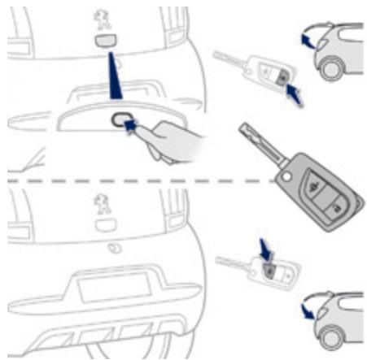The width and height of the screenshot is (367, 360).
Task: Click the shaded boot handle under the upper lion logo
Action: pos(105,41)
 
